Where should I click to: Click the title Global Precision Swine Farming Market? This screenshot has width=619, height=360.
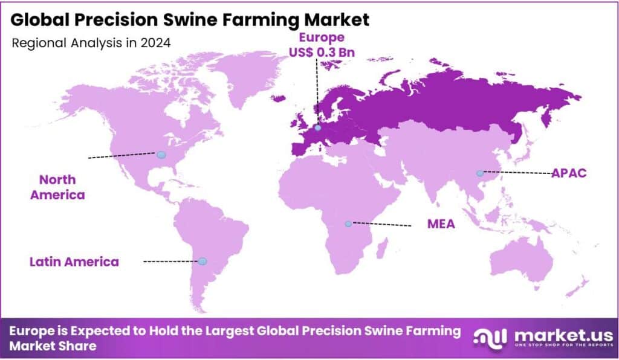click(x=190, y=20)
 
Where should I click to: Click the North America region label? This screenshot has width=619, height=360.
click(x=58, y=187)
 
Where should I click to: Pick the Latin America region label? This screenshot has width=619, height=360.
click(x=74, y=262)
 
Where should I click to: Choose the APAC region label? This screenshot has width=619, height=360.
click(x=569, y=173)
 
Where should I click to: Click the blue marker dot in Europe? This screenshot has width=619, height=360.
click(x=317, y=127)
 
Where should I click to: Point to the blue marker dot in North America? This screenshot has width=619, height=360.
click(x=161, y=155)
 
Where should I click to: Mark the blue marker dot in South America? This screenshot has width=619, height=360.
click(x=203, y=261)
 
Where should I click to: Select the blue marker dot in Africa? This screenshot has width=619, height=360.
click(x=348, y=224)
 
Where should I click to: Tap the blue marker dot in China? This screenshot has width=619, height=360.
click(x=480, y=173)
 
